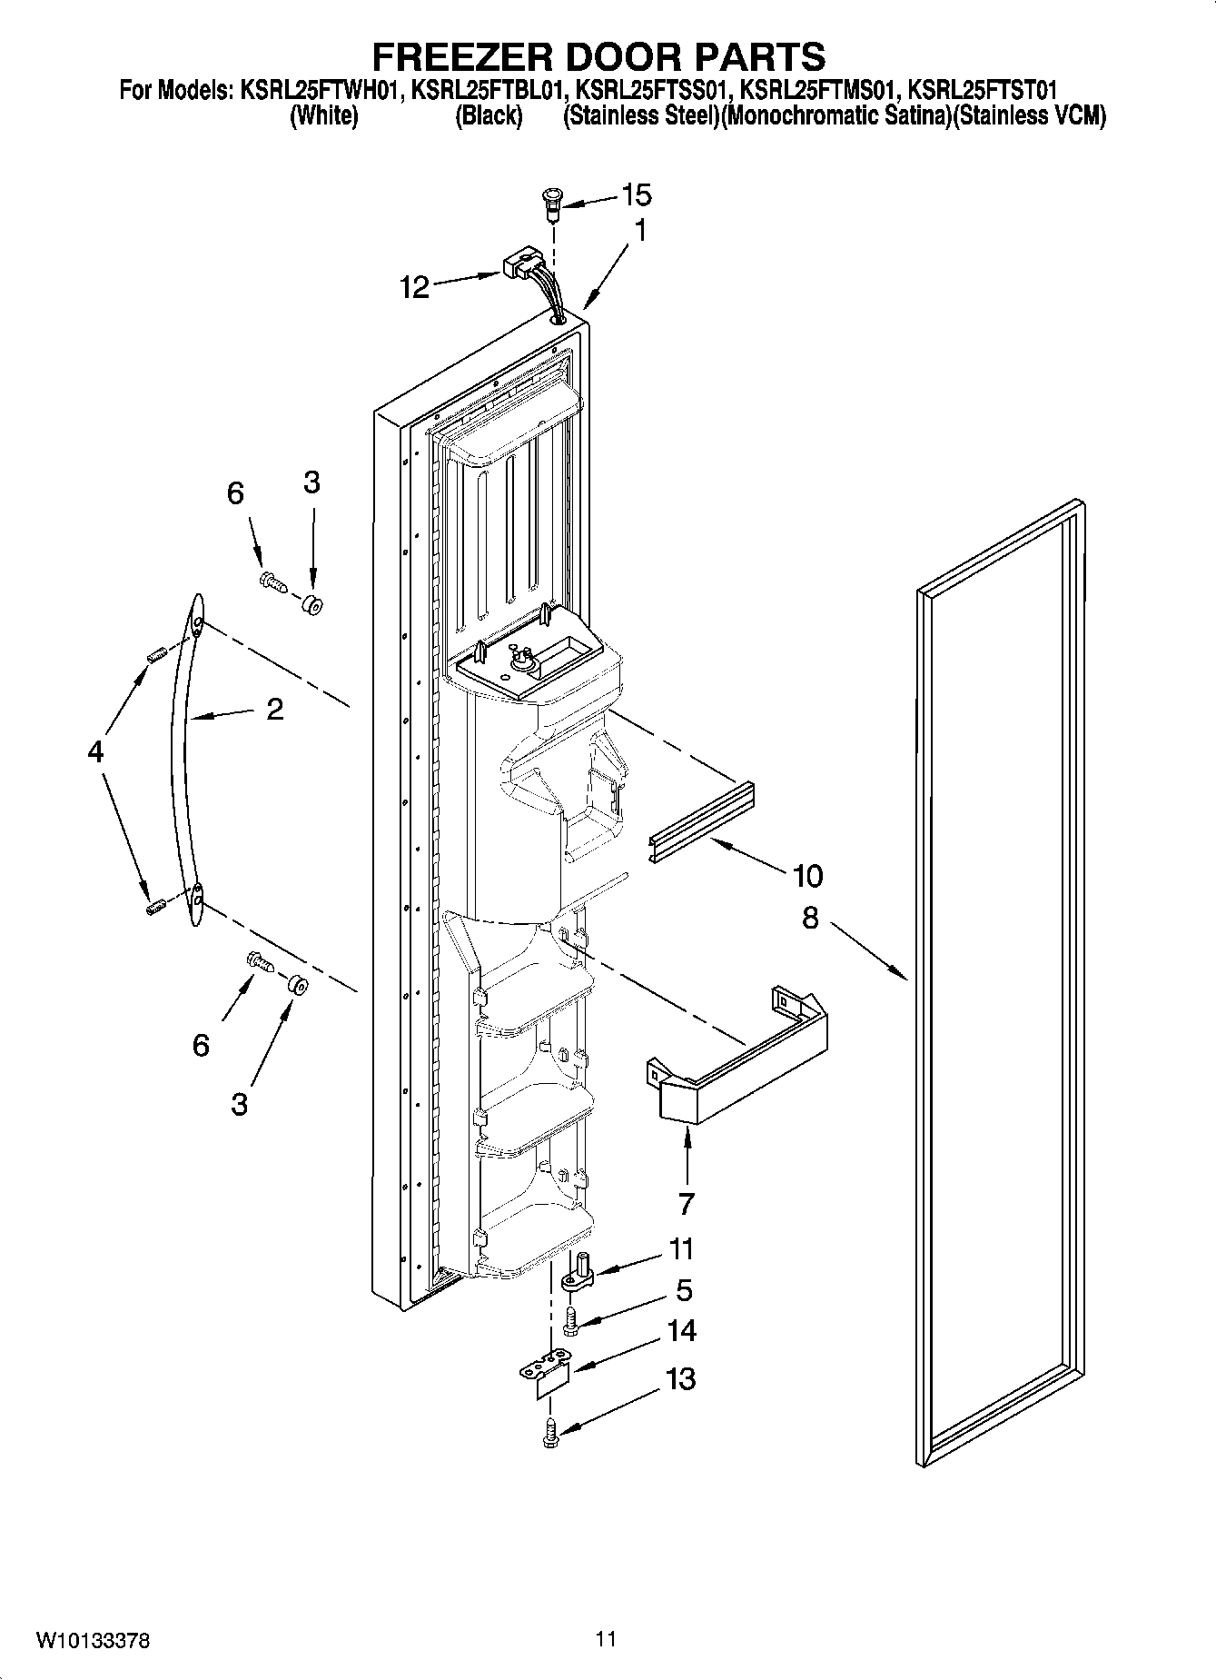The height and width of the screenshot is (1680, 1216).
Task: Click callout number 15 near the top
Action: coord(637,194)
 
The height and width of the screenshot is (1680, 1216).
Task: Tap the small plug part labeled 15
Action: coord(551,199)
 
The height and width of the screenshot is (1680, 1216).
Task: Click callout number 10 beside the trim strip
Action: coord(806,876)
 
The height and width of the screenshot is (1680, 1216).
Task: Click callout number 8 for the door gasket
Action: coord(810,918)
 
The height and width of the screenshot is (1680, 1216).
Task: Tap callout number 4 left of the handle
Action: coord(96,751)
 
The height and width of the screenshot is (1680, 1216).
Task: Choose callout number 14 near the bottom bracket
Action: coord(681,1331)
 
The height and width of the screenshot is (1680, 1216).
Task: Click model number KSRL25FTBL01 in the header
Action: coord(489,91)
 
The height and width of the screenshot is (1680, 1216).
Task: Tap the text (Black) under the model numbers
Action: coord(488,116)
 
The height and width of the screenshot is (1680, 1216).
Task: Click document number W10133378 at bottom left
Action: coord(93,1641)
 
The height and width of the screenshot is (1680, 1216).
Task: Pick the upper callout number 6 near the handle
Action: coord(235,493)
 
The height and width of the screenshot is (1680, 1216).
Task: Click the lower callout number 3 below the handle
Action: coord(239,1105)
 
